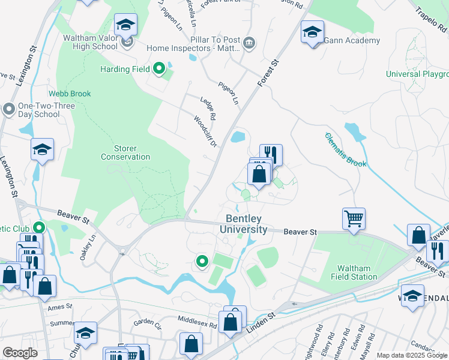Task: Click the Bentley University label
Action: point(243,224)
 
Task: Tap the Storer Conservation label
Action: point(125,152)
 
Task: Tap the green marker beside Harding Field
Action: point(159,69)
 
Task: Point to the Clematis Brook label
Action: point(345,150)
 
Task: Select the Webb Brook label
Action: point(70,94)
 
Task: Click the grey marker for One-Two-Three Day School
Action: point(8,109)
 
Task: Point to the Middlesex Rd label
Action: point(196,322)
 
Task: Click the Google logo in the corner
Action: point(20,352)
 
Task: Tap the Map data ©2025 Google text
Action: point(412,355)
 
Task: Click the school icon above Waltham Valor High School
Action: point(126,25)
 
